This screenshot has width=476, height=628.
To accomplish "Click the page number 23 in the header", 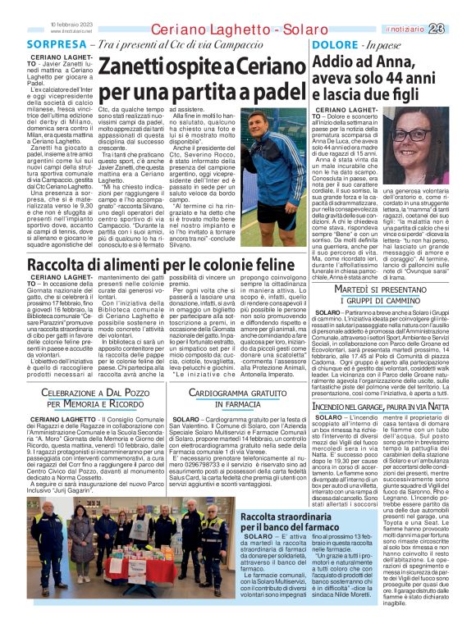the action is [459, 7].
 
